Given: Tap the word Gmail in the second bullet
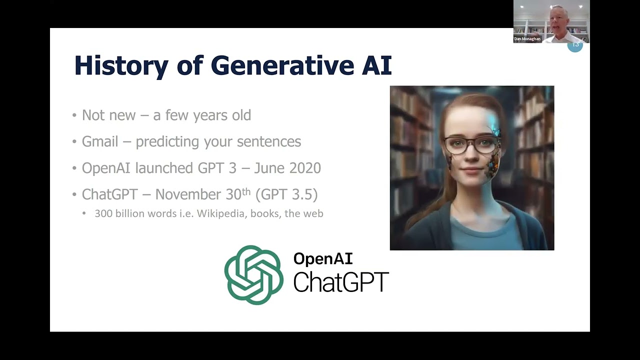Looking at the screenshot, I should (99, 141).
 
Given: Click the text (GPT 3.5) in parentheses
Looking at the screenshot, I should (286, 194).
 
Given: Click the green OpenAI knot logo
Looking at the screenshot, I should (253, 275).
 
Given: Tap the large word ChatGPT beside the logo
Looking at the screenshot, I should (340, 282).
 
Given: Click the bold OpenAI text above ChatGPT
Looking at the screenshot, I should (323, 258).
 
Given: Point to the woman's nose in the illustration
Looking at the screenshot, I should (469, 157).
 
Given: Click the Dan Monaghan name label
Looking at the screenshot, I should (527, 39).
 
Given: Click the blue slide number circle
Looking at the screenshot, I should (575, 45).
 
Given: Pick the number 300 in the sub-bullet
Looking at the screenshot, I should (103, 214).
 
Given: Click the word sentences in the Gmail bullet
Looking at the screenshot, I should (268, 142).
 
